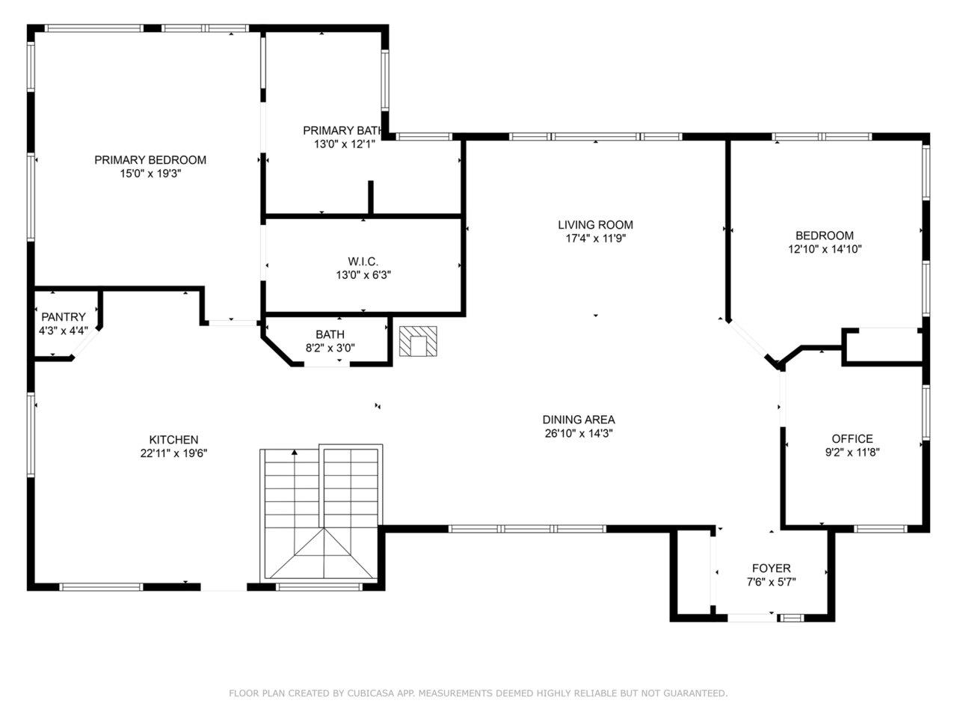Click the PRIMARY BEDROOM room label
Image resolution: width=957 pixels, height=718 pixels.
click(150, 160)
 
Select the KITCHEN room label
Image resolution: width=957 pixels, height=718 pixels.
click(173, 440)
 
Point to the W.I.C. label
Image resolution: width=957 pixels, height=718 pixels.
click(363, 262)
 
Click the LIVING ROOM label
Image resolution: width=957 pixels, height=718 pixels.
click(596, 225)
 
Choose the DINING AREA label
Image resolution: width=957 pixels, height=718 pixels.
click(579, 420)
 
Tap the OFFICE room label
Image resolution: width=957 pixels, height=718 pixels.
click(852, 438)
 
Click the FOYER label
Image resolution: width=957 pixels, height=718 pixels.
click(772, 568)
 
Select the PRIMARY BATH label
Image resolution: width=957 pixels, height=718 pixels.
click(342, 130)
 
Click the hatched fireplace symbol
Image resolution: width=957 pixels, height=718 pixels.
click(418, 341)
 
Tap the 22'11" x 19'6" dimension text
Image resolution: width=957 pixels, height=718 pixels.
click(173, 453)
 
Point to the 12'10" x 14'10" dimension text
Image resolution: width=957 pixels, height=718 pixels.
click(825, 249)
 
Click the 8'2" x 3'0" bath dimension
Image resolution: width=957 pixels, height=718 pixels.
click(330, 348)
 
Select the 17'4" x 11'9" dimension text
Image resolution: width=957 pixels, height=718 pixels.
click(596, 239)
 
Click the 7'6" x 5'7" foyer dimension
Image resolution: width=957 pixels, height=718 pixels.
click(772, 582)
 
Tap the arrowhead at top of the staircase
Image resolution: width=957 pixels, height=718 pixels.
click(295, 452)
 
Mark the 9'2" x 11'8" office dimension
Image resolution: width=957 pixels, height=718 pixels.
click(852, 452)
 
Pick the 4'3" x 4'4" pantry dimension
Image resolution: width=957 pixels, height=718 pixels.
click(64, 331)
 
